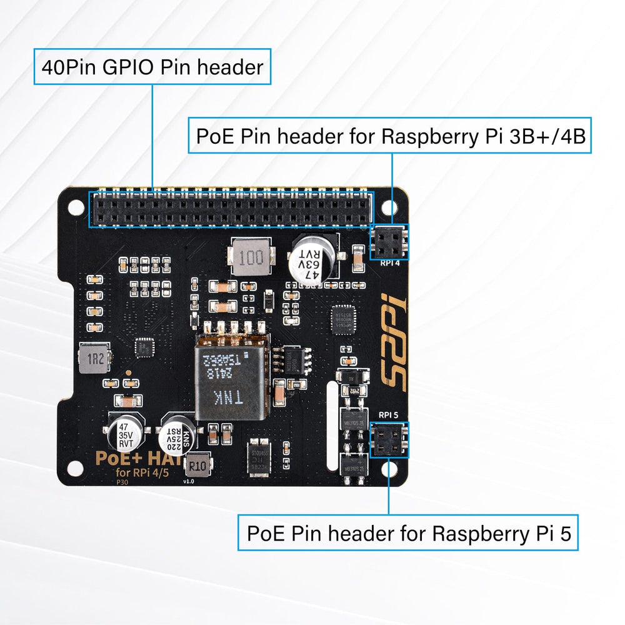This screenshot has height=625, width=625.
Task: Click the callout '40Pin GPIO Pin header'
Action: [152, 67]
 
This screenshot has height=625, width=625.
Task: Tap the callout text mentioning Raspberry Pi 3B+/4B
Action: [391, 136]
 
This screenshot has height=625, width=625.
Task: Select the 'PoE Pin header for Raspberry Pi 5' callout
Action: [407, 533]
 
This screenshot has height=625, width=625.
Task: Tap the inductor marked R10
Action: [198, 466]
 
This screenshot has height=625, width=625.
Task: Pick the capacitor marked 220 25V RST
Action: [172, 436]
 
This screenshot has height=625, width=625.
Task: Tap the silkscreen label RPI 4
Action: [391, 263]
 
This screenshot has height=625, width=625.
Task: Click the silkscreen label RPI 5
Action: [388, 415]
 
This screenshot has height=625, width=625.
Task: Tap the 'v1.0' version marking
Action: [189, 482]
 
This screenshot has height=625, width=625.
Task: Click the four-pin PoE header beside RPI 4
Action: [389, 241]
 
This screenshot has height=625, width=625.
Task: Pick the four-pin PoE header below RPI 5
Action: [388, 439]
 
